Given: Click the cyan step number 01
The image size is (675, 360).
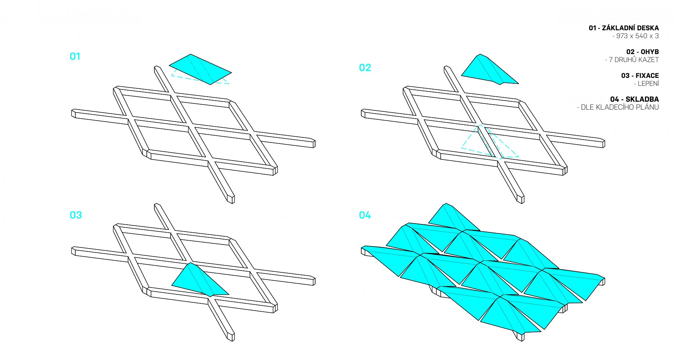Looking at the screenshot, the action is coord(75,56).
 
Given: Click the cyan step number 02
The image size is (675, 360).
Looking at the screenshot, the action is coord(365,68).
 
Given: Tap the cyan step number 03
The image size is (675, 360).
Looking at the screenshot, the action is coord(76,215).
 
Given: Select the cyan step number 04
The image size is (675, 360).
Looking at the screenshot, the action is coord(365,215).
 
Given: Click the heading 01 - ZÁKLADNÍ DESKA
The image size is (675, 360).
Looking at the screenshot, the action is coord(624,28).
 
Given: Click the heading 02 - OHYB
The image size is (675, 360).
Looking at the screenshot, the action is coord(643,52).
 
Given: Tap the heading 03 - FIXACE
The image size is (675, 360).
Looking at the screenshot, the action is coord(640,75).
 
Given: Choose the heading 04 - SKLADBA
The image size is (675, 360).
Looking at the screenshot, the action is coord(635,99).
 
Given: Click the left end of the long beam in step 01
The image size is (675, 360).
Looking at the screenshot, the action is coord(73,113).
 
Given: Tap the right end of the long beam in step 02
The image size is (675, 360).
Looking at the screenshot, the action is coord(603,143).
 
